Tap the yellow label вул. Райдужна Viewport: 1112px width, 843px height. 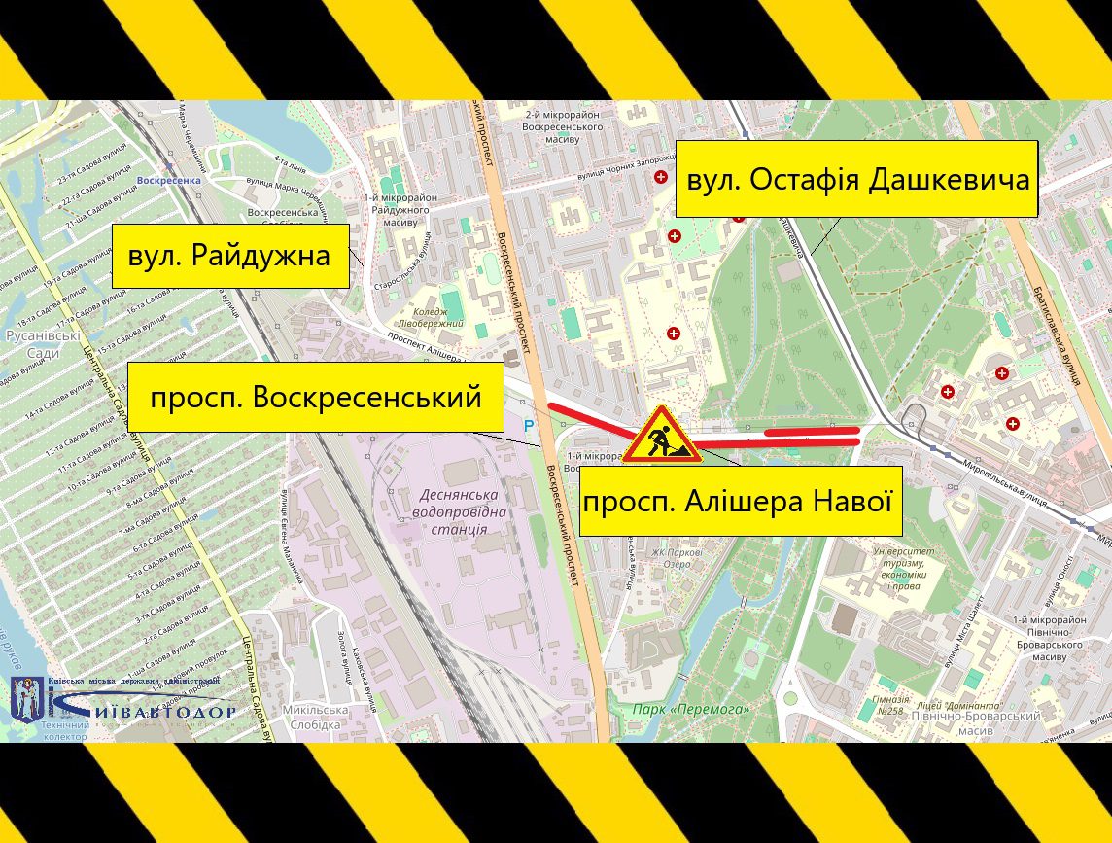[x=230, y=256]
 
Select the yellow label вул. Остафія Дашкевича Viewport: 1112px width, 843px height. [x=857, y=180]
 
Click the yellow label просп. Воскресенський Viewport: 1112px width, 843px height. [x=316, y=397]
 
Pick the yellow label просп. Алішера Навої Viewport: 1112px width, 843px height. [x=741, y=502]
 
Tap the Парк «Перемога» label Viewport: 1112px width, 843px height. [x=691, y=709]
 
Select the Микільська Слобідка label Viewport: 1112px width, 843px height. [x=316, y=716]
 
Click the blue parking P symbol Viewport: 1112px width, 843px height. [x=530, y=425]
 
